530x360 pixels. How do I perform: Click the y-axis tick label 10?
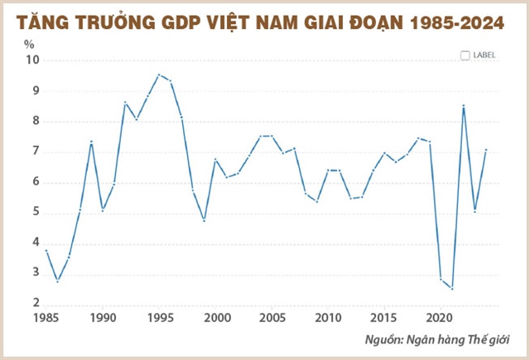[x=31, y=60]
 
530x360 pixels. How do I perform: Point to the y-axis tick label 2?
[x=33, y=305]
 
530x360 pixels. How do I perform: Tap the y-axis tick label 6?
[x=33, y=183]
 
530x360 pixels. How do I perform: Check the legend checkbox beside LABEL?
[x=465, y=55]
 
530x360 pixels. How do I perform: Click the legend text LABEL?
[x=484, y=55]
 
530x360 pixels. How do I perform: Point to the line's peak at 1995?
[x=159, y=74]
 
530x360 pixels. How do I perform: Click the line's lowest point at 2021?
[x=452, y=289]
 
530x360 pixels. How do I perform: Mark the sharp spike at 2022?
[x=464, y=105]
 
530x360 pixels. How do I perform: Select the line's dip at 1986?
[x=57, y=281]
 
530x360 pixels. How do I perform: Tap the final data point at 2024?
[x=486, y=150]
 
